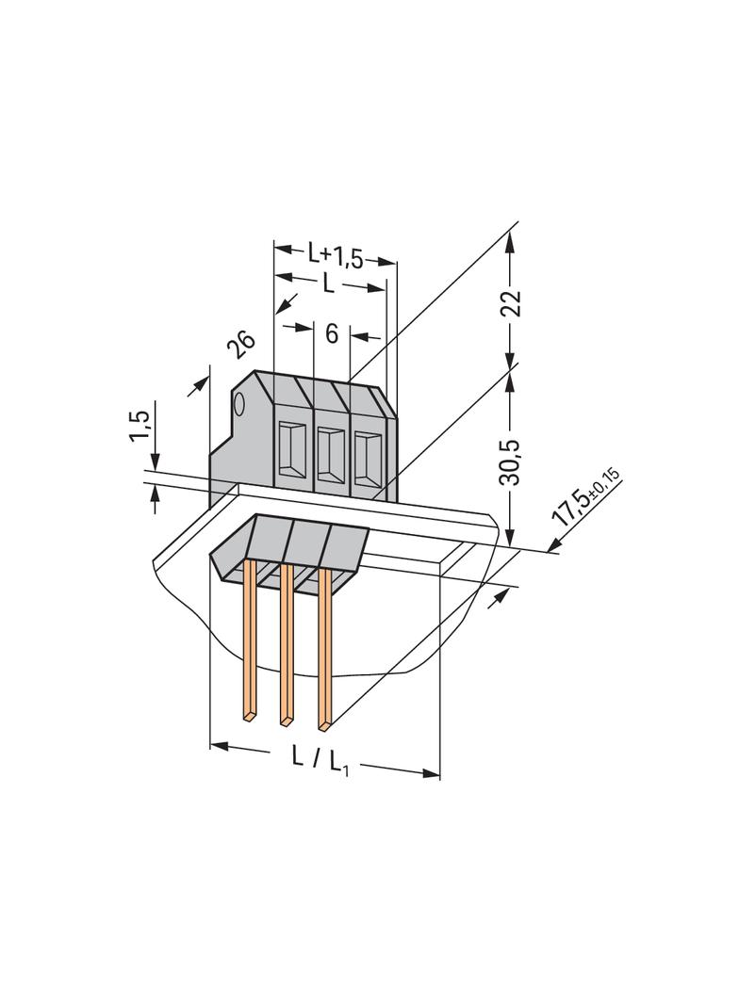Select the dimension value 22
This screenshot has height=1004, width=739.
pos(510,303)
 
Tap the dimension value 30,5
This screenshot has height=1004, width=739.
pos(510,458)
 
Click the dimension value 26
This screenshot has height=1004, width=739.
pos(241,345)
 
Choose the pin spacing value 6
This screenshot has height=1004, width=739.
pos(331,332)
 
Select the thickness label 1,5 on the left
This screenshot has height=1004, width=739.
pos(140,426)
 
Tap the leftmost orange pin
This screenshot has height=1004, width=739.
pos(251,640)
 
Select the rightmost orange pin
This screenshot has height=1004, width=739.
pos(324,650)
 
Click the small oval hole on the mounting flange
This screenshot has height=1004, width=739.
pos(238,407)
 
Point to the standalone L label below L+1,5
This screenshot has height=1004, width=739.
pos(328,283)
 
